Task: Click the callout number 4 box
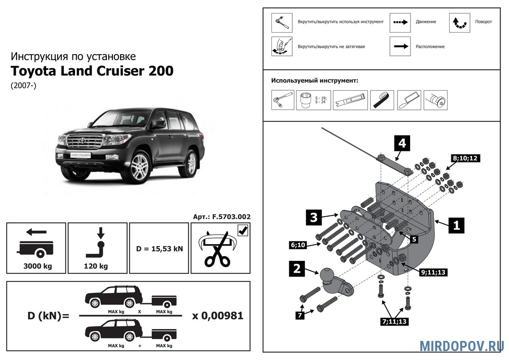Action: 402,143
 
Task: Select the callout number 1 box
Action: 456,225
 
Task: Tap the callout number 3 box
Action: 313,218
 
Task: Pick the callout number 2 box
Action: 297,269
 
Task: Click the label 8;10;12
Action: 465,159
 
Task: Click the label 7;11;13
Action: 394,322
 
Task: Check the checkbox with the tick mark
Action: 243,230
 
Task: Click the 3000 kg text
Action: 36,266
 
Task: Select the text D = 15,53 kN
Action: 159,248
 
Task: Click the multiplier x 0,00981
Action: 218,316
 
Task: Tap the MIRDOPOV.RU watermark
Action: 462,345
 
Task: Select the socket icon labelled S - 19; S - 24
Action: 308,100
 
